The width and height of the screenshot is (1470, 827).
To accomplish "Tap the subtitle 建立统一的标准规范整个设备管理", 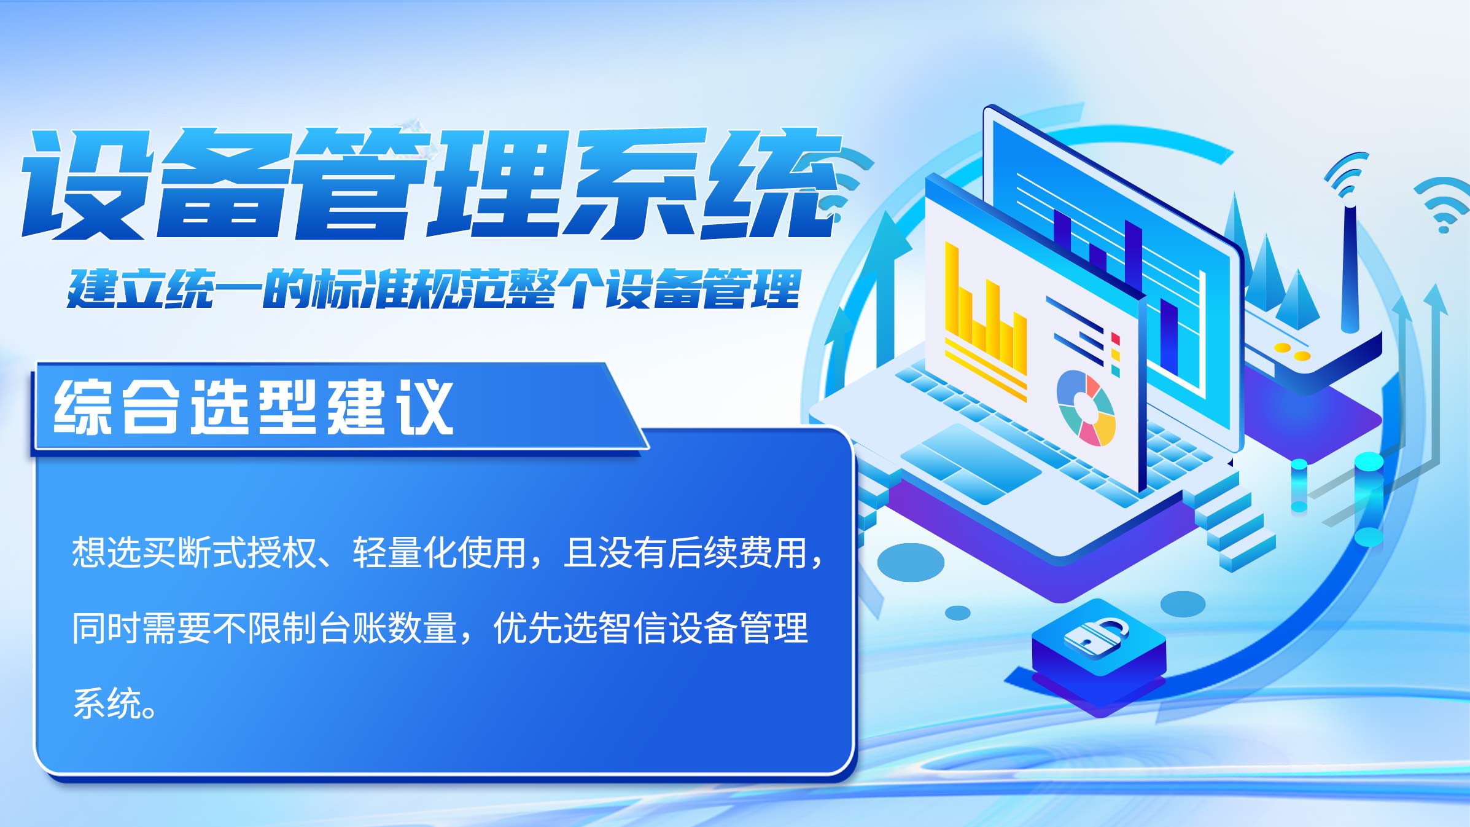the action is tap(434, 288).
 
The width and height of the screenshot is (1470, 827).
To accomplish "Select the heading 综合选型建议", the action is tap(254, 406).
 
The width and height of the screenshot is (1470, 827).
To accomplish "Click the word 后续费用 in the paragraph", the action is tap(737, 552).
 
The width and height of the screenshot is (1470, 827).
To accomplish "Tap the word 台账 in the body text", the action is tap(352, 628).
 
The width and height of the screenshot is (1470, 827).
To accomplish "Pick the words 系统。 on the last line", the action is tap(115, 704).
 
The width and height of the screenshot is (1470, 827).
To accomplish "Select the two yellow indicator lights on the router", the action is tap(1292, 351).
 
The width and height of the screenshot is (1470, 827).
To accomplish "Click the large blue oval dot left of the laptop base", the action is tap(911, 562).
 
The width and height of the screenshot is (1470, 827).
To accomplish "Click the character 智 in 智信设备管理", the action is tap(615, 628).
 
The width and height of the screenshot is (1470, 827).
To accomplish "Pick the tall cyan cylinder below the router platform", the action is tap(1369, 500).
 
